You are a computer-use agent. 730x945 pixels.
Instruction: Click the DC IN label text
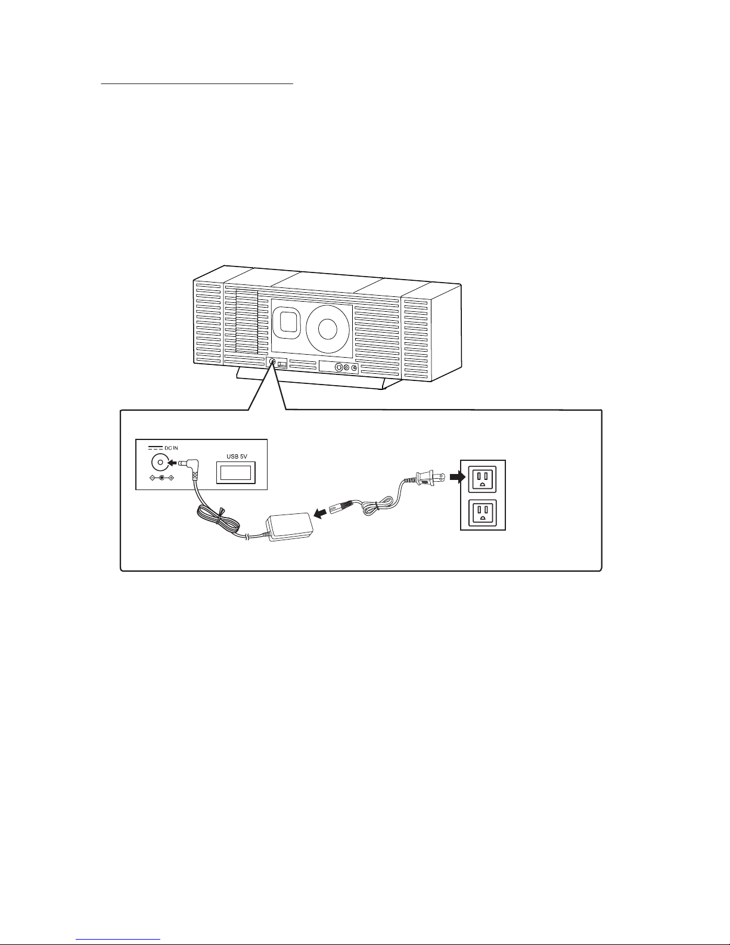click(x=171, y=448)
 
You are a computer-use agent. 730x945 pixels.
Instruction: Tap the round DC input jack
click(x=160, y=462)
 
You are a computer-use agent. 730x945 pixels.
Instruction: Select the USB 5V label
click(x=237, y=456)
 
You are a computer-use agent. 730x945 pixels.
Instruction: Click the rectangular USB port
click(x=235, y=473)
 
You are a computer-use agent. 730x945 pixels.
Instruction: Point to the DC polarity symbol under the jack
click(x=161, y=478)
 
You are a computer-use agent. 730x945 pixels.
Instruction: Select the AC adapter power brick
click(x=290, y=527)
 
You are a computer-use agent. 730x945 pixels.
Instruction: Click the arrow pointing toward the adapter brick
click(x=319, y=515)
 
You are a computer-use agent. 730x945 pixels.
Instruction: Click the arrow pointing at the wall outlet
click(x=458, y=478)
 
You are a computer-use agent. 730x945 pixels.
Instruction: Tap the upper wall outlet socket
click(x=482, y=479)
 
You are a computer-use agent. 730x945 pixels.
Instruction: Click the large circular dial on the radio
click(x=328, y=329)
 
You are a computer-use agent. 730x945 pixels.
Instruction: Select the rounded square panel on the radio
click(x=288, y=322)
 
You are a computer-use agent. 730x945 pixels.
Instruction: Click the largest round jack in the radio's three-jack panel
click(x=339, y=367)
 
